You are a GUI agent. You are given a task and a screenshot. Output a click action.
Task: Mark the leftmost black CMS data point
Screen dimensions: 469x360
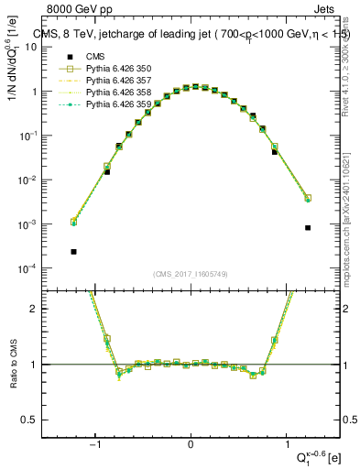click(x=73, y=251)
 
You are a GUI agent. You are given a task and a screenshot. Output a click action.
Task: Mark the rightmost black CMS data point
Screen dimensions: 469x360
click(x=308, y=228)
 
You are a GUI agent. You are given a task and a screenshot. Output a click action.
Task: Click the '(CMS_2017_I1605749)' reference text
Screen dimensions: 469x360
click(x=190, y=274)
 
